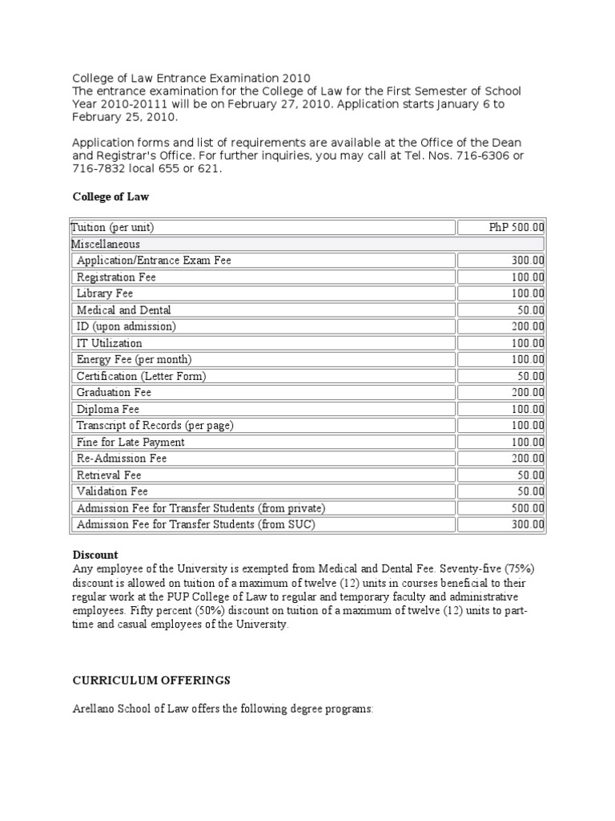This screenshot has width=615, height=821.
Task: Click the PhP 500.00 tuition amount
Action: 517,228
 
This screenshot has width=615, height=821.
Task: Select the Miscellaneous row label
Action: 105,244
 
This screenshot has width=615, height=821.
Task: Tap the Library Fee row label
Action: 105,293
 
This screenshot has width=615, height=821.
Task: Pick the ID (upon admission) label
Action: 126,326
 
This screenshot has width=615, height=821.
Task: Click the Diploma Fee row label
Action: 107,409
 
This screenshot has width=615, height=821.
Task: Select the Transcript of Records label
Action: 155,425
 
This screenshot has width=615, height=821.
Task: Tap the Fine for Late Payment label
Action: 130,442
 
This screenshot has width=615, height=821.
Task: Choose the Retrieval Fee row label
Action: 108,475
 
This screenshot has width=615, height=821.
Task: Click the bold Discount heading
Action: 95,555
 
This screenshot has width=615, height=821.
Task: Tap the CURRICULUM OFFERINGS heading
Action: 151,680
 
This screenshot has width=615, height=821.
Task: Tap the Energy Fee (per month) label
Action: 134,359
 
